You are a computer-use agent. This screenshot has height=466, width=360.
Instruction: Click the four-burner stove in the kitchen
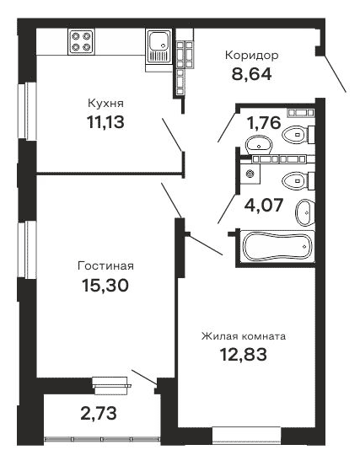pos(82,42)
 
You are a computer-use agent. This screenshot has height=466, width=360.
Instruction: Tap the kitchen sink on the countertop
pos(158,43)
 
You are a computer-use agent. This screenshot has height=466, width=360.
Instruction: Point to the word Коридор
pos(251,56)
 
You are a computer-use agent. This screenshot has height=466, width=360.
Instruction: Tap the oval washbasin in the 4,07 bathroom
pos(304,212)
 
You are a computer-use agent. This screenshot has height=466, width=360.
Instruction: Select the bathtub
pos(277,248)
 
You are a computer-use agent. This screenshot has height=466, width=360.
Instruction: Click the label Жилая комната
pos(243,335)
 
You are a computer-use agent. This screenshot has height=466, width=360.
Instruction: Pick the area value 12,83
pos(244,354)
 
